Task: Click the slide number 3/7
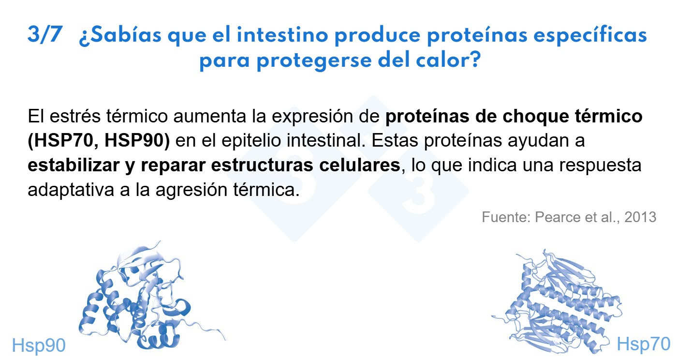coord(45,34)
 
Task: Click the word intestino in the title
coord(282,35)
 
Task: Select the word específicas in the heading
coord(590,36)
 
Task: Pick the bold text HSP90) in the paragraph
coord(137,140)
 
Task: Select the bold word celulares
coord(360,165)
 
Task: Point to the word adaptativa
coord(71,190)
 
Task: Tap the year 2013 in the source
coord(640,217)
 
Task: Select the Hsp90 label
coord(39,345)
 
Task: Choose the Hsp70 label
coord(644,344)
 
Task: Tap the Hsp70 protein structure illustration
coord(559,302)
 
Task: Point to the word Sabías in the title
coord(120,35)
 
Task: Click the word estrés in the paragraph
coord(75,117)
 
